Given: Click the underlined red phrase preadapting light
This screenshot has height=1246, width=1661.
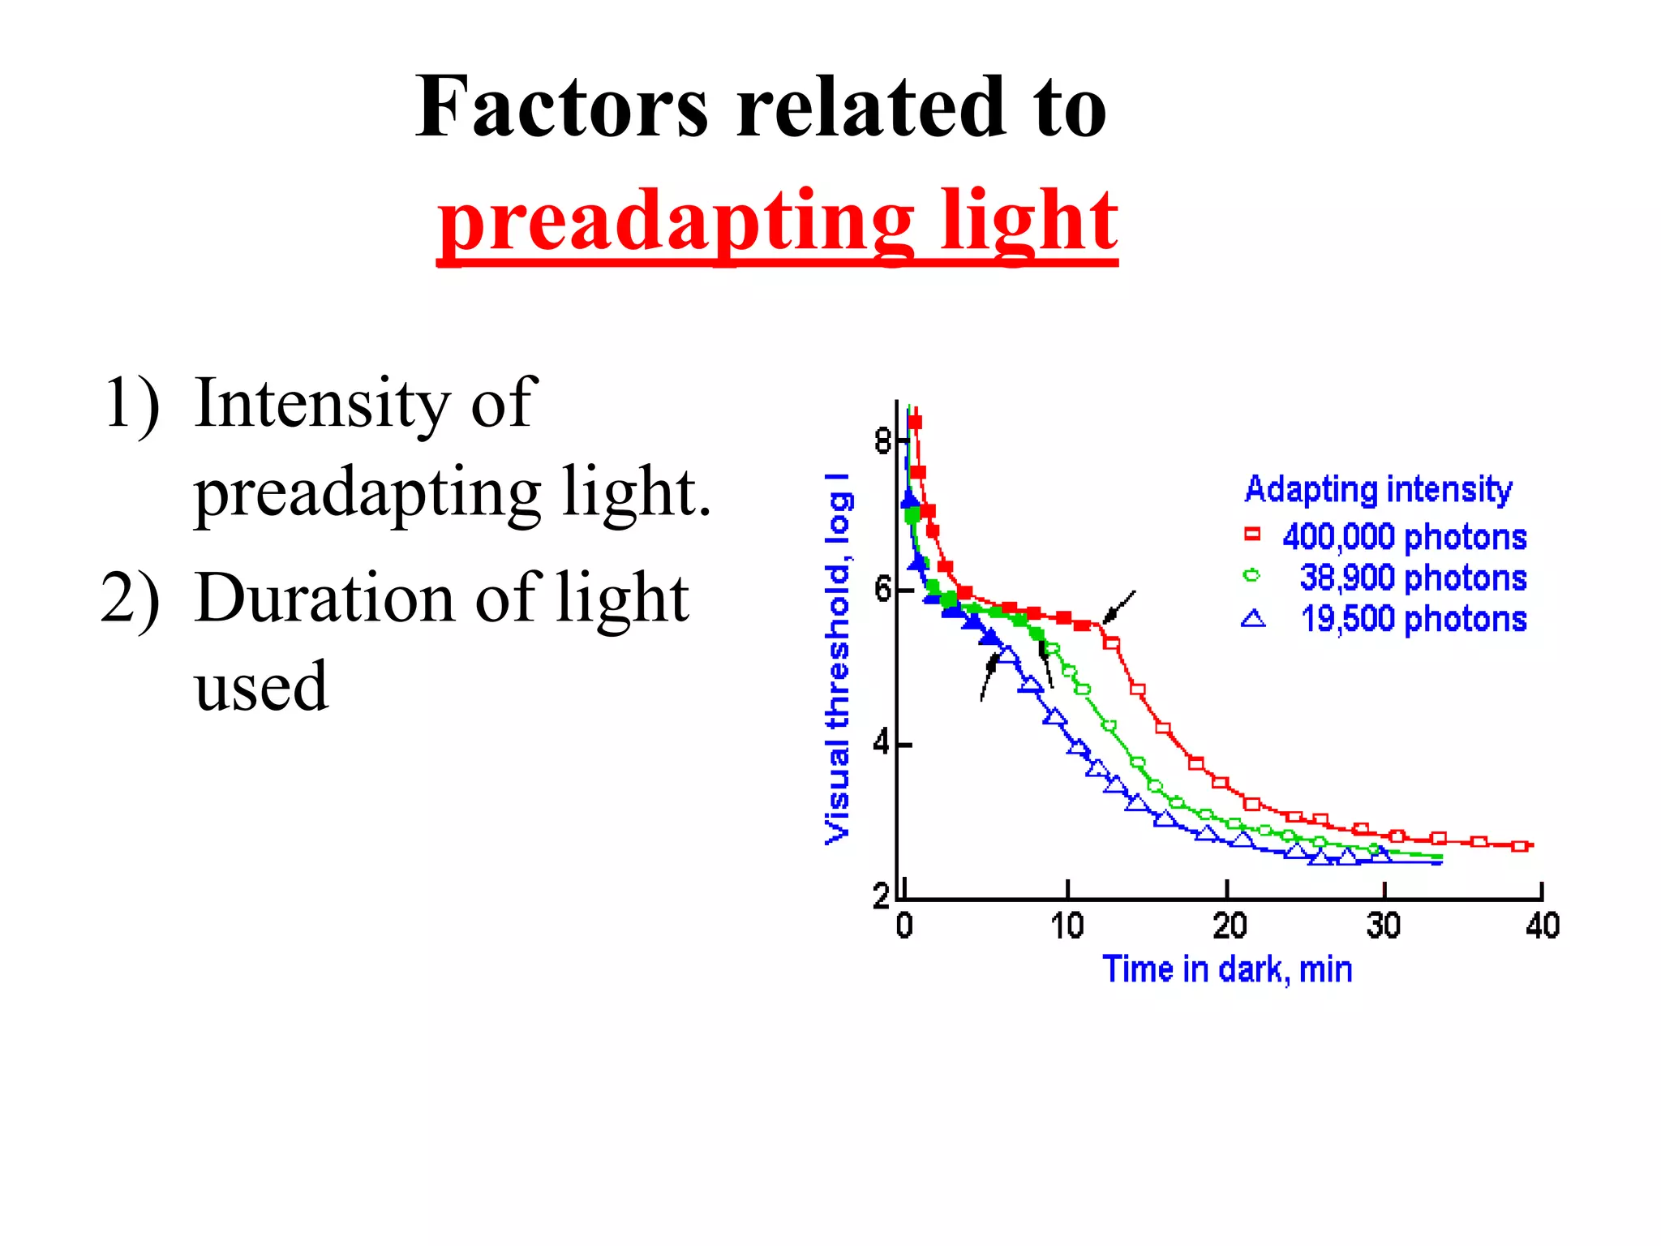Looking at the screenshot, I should pyautogui.click(x=777, y=221).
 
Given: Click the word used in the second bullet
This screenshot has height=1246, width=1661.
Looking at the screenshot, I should pyautogui.click(x=261, y=687).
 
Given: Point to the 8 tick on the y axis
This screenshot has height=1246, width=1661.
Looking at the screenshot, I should pyautogui.click(x=882, y=441).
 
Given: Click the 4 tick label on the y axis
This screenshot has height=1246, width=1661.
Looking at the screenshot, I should pyautogui.click(x=882, y=743).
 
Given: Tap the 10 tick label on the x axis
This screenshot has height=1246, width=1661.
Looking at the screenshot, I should pyautogui.click(x=1067, y=926).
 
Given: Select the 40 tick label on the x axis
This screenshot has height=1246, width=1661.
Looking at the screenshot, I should pyautogui.click(x=1542, y=926).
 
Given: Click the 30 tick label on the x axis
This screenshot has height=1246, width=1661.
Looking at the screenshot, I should pyautogui.click(x=1383, y=926).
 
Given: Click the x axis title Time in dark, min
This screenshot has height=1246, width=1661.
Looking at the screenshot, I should pyautogui.click(x=1227, y=969).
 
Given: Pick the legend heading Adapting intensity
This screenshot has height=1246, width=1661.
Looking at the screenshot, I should pyautogui.click(x=1378, y=489).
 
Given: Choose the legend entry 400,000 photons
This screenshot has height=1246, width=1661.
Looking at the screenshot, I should pyautogui.click(x=1404, y=537).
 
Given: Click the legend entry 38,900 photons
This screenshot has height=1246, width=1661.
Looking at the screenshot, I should pyautogui.click(x=1413, y=578).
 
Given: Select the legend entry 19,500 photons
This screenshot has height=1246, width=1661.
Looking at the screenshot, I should pyautogui.click(x=1414, y=620).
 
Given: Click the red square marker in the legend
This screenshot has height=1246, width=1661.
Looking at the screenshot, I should pyautogui.click(x=1252, y=534).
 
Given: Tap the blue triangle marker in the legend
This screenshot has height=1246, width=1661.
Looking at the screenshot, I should pyautogui.click(x=1253, y=619).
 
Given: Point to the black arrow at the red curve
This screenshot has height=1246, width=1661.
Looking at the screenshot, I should pyautogui.click(x=1119, y=607).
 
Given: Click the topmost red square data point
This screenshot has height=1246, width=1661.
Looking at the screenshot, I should pyautogui.click(x=915, y=422).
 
